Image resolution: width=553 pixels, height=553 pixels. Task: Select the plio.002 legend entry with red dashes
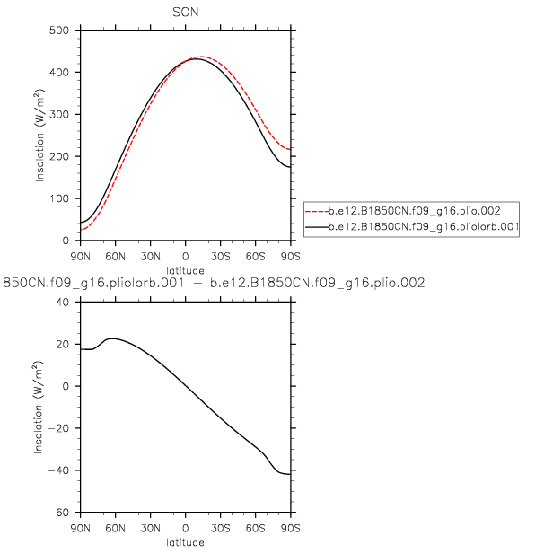[412, 209]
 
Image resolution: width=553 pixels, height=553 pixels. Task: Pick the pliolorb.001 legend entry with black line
[412, 228]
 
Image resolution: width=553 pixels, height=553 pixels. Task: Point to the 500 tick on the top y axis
[61, 30]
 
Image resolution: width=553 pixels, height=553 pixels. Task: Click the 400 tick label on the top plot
[61, 72]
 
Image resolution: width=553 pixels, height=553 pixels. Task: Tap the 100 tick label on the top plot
[61, 198]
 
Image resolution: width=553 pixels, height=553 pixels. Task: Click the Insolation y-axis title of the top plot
[40, 135]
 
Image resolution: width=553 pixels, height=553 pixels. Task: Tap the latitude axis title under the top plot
[185, 268]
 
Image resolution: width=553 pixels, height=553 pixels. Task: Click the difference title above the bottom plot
[214, 283]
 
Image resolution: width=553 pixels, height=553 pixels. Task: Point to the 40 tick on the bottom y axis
[65, 302]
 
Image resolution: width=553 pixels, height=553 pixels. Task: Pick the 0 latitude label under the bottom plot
[185, 528]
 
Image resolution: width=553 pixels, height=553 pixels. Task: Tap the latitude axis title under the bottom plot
[185, 542]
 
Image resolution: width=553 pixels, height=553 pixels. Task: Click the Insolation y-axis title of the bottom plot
[40, 408]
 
